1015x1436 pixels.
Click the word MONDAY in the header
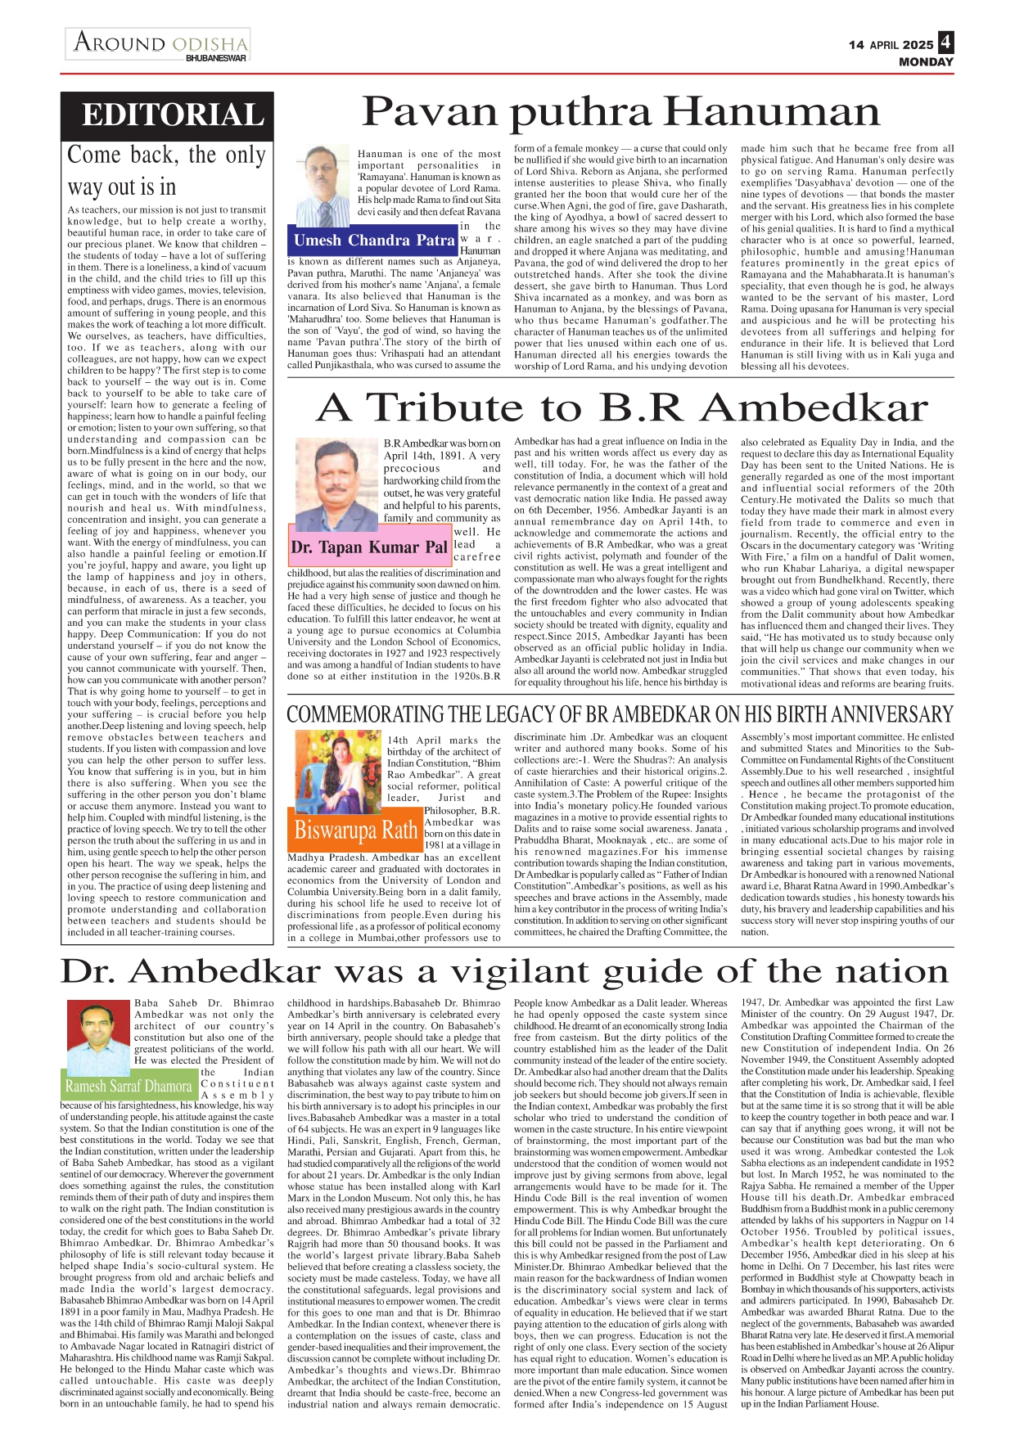(926, 62)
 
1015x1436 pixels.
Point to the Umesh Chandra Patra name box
(372, 241)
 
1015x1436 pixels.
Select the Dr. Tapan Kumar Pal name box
(370, 547)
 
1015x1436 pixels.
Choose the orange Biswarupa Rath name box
(355, 830)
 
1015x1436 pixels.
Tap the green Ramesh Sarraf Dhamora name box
(129, 1087)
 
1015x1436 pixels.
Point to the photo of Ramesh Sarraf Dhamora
(96, 1033)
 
